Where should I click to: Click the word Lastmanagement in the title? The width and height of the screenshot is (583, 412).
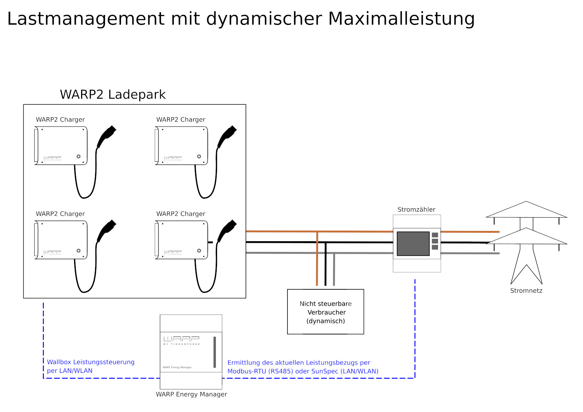coord(86,19)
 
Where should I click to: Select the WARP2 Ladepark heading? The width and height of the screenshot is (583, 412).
coord(113,94)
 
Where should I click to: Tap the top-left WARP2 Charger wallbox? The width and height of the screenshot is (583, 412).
coord(61,146)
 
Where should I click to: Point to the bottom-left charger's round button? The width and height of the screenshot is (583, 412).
coord(78,251)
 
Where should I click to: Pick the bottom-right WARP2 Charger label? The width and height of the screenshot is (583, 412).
coord(180,214)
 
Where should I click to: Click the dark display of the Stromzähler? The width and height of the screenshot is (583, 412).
coord(413,244)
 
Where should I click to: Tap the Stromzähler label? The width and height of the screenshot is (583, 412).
coord(416,209)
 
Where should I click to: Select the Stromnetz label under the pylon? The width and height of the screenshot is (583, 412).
coord(526,290)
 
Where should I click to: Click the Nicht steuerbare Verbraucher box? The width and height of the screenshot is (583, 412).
coord(325,311)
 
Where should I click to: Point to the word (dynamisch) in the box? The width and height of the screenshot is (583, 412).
coord(325,321)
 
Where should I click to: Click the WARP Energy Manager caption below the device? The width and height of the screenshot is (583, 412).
coord(191,394)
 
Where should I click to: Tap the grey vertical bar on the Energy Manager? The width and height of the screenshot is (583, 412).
coord(215,352)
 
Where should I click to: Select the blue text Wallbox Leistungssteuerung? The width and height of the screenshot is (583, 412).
coord(90,362)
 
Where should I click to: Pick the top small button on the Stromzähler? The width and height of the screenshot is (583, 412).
coord(434,235)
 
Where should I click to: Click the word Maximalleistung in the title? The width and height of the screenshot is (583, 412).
coord(401,19)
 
